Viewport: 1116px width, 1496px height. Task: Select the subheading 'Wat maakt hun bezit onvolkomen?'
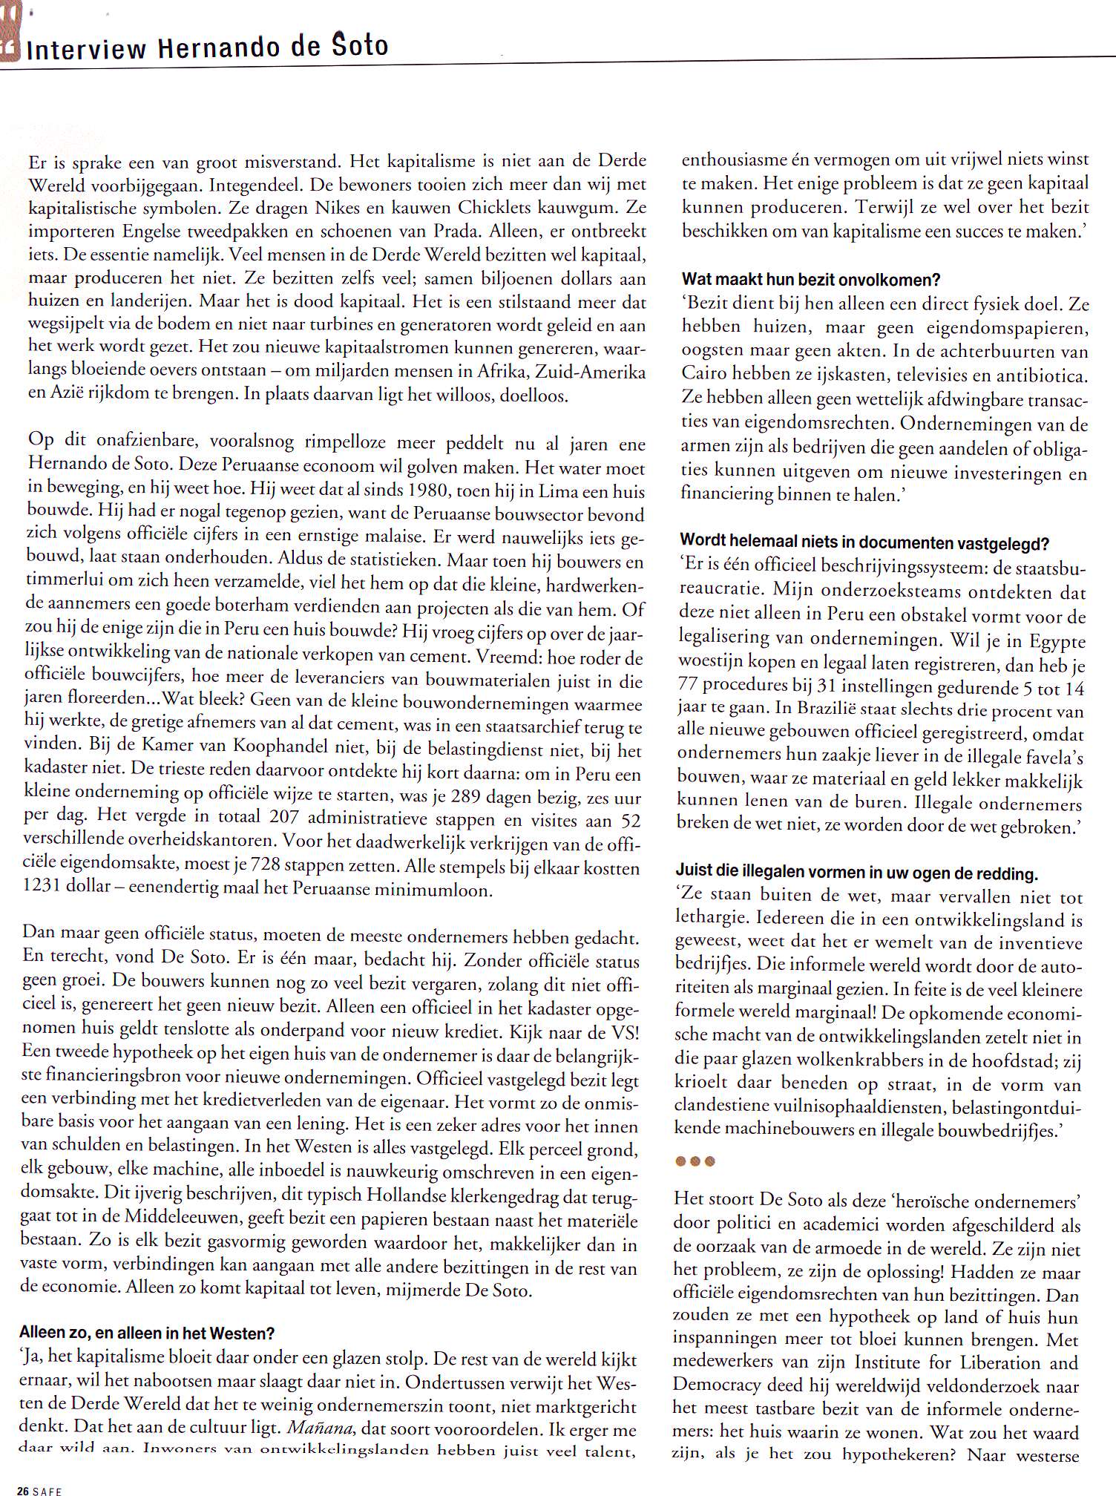(x=811, y=280)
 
